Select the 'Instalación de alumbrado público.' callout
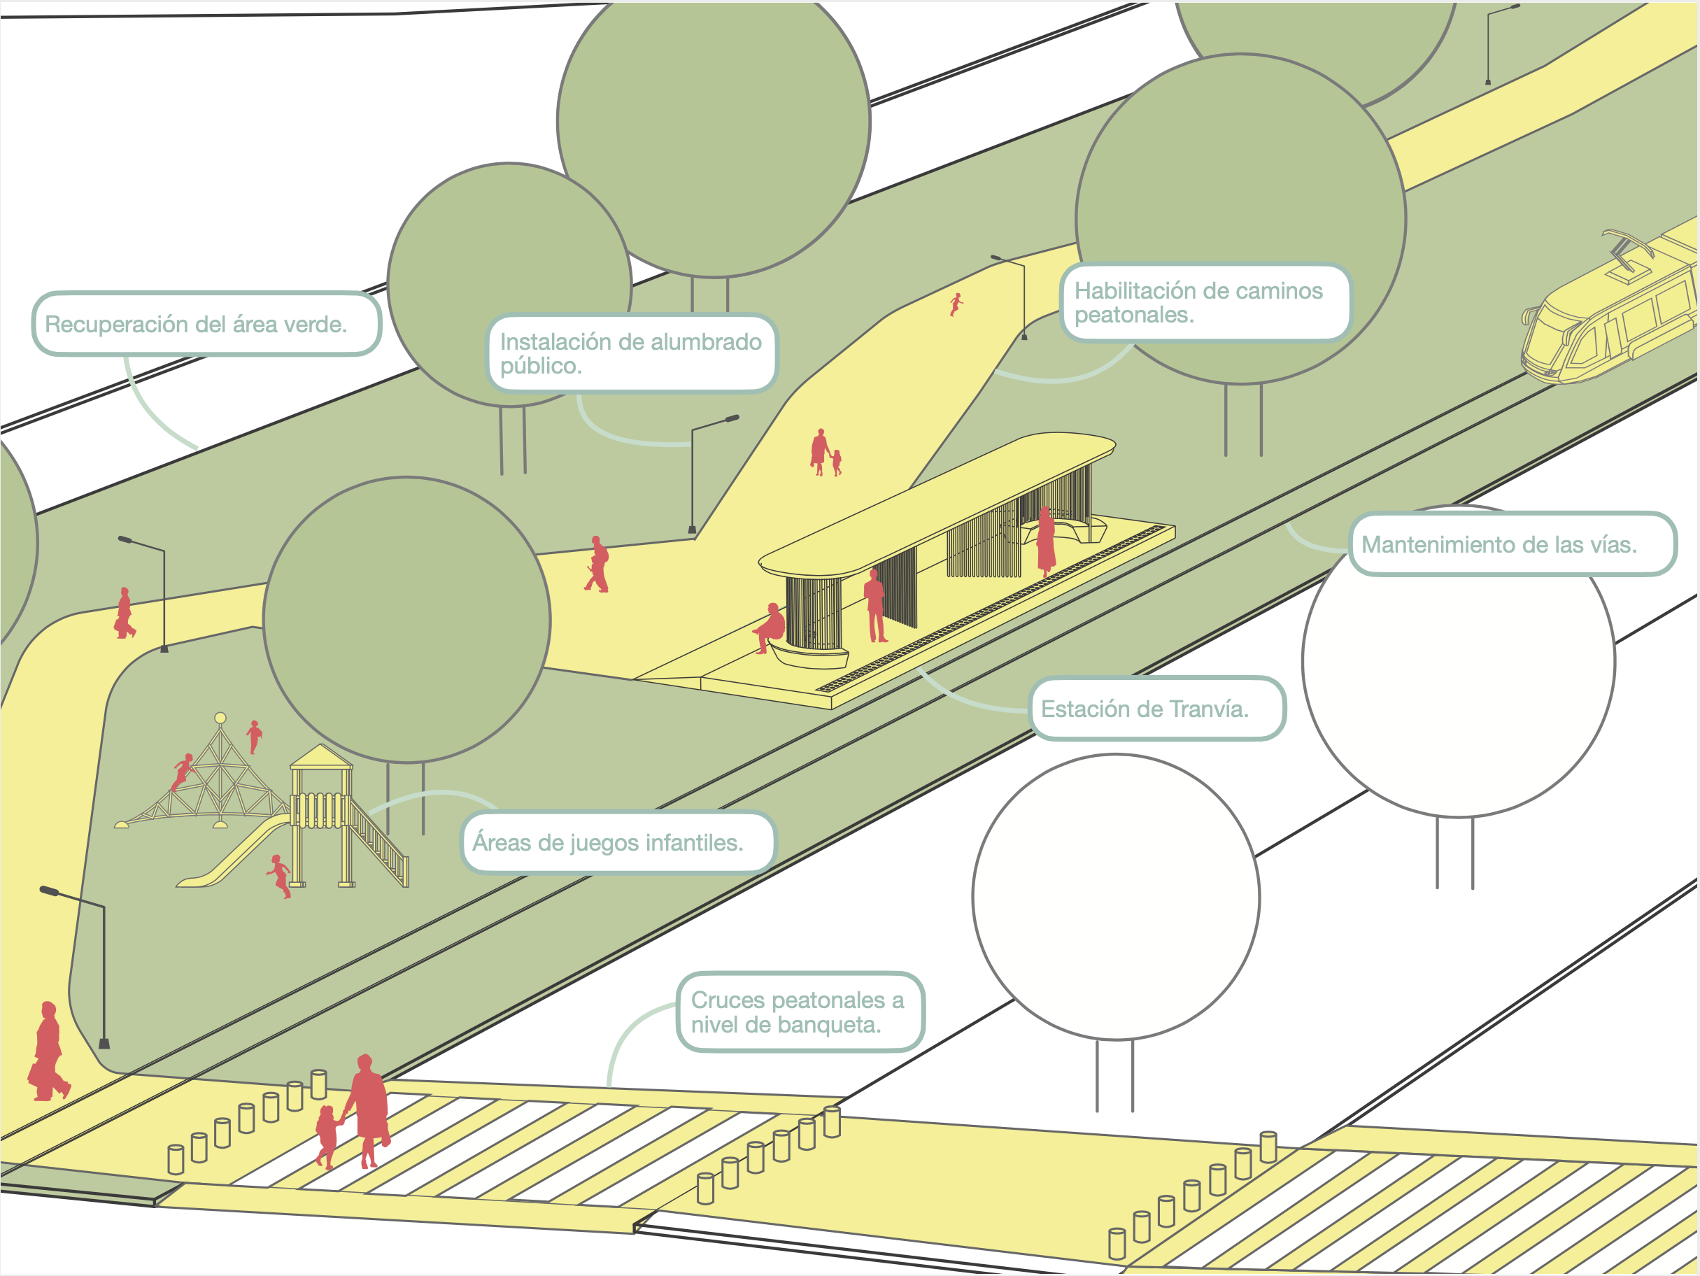tap(632, 353)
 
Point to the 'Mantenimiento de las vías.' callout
tap(1512, 544)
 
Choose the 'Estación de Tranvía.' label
tap(1156, 708)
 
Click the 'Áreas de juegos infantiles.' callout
tap(617, 842)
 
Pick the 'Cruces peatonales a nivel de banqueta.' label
tap(799, 1012)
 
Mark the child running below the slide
tap(280, 876)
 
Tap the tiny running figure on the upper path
tap(956, 304)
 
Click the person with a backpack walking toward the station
tap(598, 565)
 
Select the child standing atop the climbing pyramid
tap(255, 737)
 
